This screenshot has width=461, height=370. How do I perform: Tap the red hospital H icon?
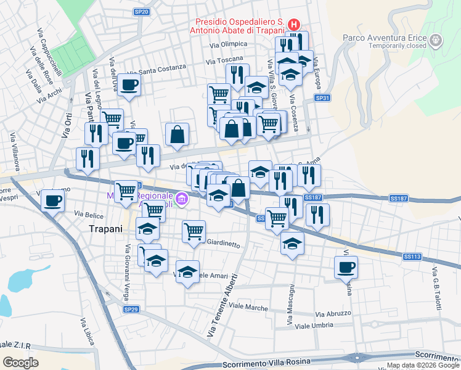294,25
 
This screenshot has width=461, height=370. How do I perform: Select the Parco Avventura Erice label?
385,38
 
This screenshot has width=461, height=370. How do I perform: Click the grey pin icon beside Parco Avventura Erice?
436,41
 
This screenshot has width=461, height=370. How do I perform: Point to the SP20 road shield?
141,12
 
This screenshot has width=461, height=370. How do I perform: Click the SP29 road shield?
130,310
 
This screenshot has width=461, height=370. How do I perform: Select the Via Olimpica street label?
228,44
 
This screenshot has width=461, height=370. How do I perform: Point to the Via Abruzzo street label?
333,314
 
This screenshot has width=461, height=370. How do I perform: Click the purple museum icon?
181,199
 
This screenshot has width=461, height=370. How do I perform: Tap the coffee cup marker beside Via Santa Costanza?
129,85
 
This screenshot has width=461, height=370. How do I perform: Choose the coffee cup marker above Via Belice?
54,200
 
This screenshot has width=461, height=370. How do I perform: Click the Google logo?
20,363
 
